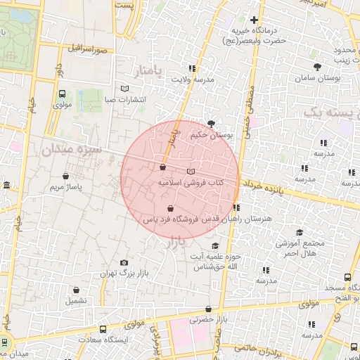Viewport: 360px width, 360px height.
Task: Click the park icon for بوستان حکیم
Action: pyautogui.click(x=212, y=123)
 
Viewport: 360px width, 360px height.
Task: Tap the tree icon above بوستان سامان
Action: pyautogui.click(x=318, y=67)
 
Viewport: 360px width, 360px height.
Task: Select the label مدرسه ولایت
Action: pyautogui.click(x=193, y=80)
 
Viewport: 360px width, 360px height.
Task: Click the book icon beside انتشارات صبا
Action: pyautogui.click(x=124, y=89)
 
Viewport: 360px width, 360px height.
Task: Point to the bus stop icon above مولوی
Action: pyautogui.click(x=63, y=94)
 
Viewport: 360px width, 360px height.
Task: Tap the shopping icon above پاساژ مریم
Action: pyautogui.click(x=66, y=176)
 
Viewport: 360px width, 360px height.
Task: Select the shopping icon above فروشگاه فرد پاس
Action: pyautogui.click(x=171, y=208)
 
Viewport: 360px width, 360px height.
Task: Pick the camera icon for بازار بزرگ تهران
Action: pyautogui.click(x=124, y=262)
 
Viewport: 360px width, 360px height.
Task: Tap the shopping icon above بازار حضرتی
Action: pyautogui.click(x=208, y=309)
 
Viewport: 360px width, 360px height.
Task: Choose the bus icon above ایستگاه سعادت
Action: pyautogui.click(x=103, y=329)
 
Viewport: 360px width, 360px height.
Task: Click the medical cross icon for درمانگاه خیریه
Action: pyautogui.click(x=254, y=19)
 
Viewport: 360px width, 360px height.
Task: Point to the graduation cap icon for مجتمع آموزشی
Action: pyautogui.click(x=299, y=233)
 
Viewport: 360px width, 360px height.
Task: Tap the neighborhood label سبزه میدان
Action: pyautogui.click(x=71, y=150)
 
